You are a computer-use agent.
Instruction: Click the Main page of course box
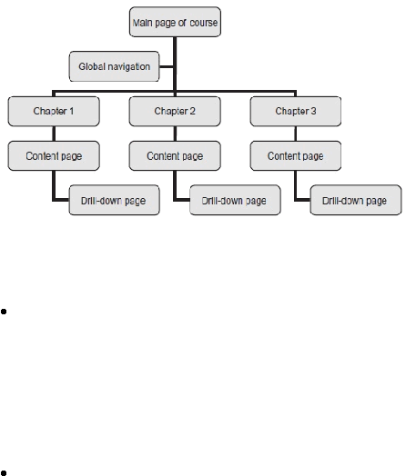175,22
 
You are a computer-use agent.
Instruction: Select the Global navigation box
114,66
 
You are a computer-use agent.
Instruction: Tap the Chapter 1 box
54,112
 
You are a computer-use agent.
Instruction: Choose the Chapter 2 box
175,112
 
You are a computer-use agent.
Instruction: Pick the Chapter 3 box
296,112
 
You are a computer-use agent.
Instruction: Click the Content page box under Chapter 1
54,156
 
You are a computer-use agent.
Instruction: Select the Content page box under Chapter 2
175,156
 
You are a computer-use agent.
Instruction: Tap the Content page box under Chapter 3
296,156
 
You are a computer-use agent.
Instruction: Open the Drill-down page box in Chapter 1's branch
115,201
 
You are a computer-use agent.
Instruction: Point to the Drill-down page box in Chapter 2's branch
235,201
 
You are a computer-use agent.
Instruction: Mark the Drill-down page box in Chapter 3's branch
356,201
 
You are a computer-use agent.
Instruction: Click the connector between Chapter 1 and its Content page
54,134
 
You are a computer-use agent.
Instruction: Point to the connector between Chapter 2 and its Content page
175,134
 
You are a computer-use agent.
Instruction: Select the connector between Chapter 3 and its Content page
295,134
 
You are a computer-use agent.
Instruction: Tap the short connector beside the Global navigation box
166,67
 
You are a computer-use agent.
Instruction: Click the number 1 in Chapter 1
72,111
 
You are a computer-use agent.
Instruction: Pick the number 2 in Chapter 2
192,111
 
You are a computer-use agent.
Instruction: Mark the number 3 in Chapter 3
313,111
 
